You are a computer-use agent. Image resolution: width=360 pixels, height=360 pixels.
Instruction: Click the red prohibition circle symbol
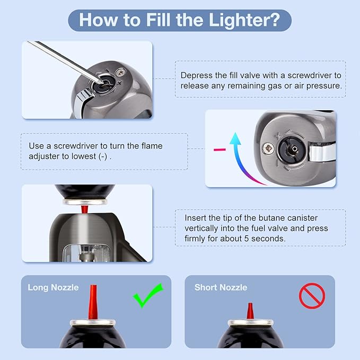(312, 296)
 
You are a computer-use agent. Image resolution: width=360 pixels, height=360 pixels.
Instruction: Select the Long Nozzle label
(53, 287)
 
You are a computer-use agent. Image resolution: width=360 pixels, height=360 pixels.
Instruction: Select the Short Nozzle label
(221, 287)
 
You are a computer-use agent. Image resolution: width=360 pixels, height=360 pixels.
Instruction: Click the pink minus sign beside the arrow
(219, 150)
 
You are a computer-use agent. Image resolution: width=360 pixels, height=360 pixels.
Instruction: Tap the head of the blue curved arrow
(235, 138)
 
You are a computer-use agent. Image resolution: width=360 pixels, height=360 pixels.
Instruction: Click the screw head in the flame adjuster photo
(269, 148)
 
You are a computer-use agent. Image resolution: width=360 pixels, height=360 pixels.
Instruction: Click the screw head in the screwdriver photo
(120, 72)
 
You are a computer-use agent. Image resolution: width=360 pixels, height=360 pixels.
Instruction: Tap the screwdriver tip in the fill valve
(101, 82)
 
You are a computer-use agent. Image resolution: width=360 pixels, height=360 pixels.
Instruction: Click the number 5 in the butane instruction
(247, 239)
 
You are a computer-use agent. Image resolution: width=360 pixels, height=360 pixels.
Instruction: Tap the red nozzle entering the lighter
(84, 209)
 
